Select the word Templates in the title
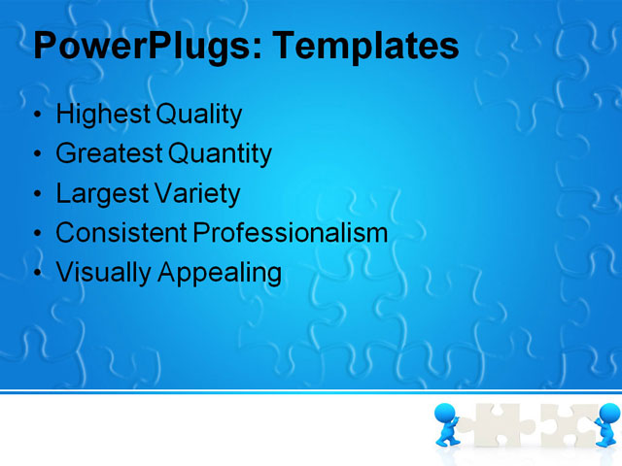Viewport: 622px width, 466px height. (365, 46)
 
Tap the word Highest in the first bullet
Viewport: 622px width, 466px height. (101, 115)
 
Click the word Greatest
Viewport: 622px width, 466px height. (110, 153)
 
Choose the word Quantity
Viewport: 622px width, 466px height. (221, 153)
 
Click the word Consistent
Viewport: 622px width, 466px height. (121, 233)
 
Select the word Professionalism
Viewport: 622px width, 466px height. (290, 233)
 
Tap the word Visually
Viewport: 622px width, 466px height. (102, 273)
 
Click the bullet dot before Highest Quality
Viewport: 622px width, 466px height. (38, 116)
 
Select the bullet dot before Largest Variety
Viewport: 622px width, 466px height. (38, 194)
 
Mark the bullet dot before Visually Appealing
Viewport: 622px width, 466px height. (38, 274)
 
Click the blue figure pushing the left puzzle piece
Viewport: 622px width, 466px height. (448, 425)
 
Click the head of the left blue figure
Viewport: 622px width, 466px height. (445, 413)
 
